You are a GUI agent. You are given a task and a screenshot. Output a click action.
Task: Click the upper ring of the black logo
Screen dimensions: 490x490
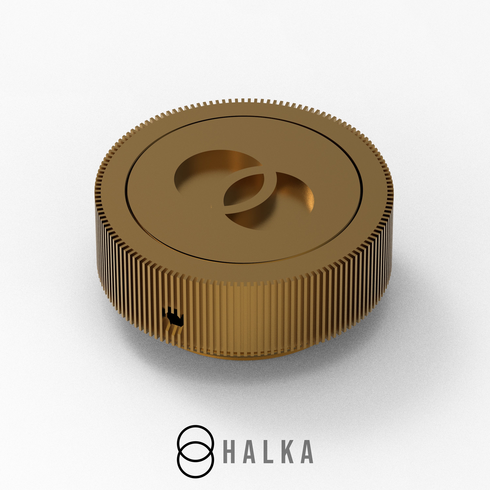[195, 426]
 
